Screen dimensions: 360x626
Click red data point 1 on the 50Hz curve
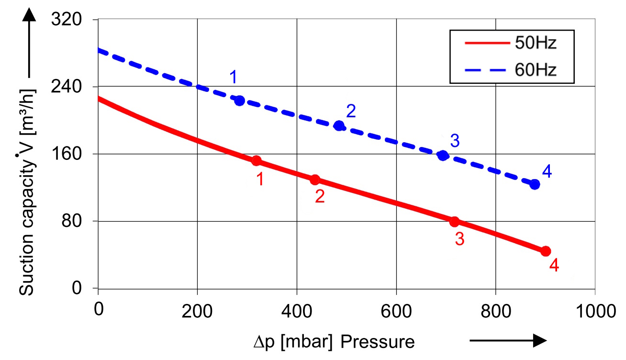pos(256,160)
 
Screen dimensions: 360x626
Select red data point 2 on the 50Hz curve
pos(315,180)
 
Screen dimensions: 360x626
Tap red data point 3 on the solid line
pos(454,222)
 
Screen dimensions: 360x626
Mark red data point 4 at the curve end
pos(546,251)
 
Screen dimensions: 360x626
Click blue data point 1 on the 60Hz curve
pos(240,101)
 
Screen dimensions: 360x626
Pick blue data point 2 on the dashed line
pos(339,126)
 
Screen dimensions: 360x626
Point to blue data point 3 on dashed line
pos(443,156)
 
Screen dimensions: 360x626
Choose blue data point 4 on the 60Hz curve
pos(535,184)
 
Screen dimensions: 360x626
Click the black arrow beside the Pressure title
pos(508,340)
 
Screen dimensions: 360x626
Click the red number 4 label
pos(554,266)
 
